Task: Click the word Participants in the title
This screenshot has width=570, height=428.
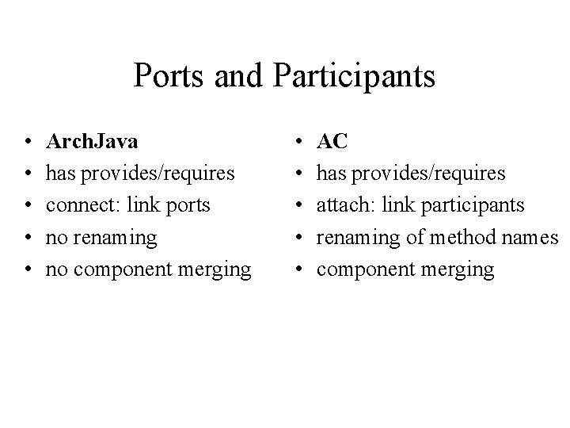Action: tap(355, 77)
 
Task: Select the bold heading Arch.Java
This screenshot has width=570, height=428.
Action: tap(93, 141)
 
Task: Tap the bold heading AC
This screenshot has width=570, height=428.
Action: tap(332, 141)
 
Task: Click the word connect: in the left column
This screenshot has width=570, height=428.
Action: tap(82, 205)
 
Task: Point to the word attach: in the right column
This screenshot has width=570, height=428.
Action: tap(347, 205)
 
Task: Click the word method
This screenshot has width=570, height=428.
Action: tap(462, 237)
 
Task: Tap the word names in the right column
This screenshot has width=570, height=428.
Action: tap(534, 237)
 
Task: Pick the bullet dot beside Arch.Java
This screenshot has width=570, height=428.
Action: tap(28, 143)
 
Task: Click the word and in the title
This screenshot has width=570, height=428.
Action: tap(237, 77)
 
